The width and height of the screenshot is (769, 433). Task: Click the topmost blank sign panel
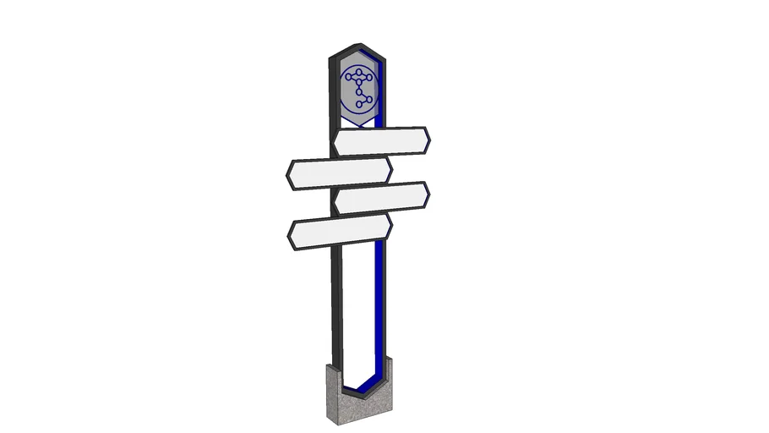380,141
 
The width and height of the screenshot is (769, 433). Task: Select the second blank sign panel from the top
338,173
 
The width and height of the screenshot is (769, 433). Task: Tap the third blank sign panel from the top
381,197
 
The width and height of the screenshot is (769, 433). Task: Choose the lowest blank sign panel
340,232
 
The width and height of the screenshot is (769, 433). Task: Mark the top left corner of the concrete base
327,364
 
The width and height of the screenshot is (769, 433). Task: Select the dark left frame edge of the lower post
336,313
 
